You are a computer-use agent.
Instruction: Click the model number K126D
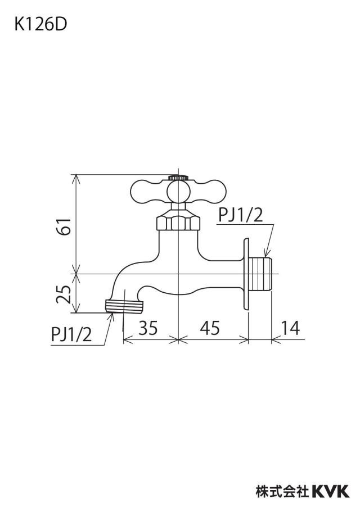[40, 25]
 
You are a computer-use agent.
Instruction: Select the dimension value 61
[64, 226]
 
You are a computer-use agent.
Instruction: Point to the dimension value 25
[64, 294]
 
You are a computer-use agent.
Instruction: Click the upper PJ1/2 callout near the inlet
[240, 215]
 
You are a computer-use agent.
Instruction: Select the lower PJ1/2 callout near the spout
[71, 334]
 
